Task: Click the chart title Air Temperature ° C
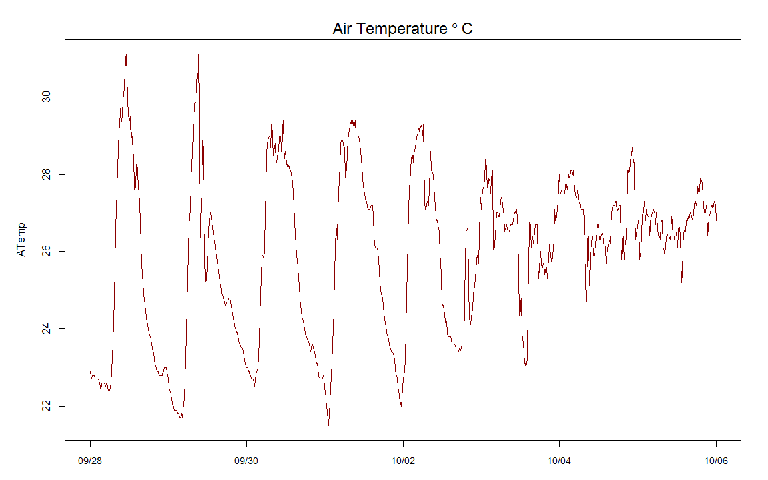pyautogui.click(x=402, y=29)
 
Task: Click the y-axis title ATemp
pyautogui.click(x=22, y=240)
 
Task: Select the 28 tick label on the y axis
pyautogui.click(x=45, y=174)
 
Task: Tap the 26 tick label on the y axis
pyautogui.click(x=45, y=251)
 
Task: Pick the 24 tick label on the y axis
pyautogui.click(x=45, y=328)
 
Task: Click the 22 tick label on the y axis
pyautogui.click(x=45, y=406)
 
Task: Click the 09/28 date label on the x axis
pyautogui.click(x=90, y=461)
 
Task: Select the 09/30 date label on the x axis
pyautogui.click(x=246, y=461)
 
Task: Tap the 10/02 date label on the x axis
pyautogui.click(x=403, y=461)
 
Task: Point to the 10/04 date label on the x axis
pyautogui.click(x=559, y=461)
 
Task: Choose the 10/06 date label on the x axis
pyautogui.click(x=716, y=461)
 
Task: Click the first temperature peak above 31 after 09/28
pyautogui.click(x=126, y=55)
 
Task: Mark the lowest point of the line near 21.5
pyautogui.click(x=328, y=425)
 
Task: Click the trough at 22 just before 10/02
pyautogui.click(x=401, y=405)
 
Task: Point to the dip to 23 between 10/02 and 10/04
pyautogui.click(x=526, y=367)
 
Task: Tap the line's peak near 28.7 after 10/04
pyautogui.click(x=632, y=148)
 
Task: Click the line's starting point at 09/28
pyautogui.click(x=90, y=371)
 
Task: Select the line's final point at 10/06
pyautogui.click(x=716, y=220)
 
